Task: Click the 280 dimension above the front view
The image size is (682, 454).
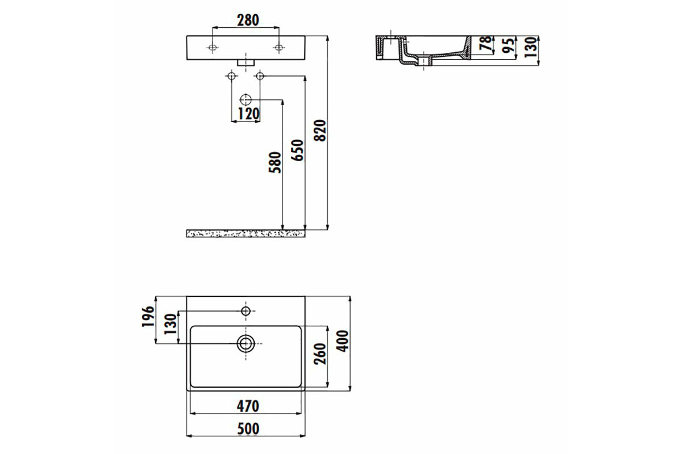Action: (x=248, y=20)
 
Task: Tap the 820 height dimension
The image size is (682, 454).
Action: (x=320, y=131)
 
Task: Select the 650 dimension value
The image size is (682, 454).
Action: (x=297, y=150)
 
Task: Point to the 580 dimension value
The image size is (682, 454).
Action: (x=275, y=162)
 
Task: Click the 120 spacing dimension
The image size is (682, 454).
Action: (x=248, y=114)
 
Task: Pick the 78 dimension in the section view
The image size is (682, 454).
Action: (x=485, y=43)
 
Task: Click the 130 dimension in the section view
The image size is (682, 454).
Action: (x=531, y=47)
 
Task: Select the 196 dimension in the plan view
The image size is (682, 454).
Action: (x=148, y=317)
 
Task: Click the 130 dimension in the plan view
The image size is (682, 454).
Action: (x=170, y=324)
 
